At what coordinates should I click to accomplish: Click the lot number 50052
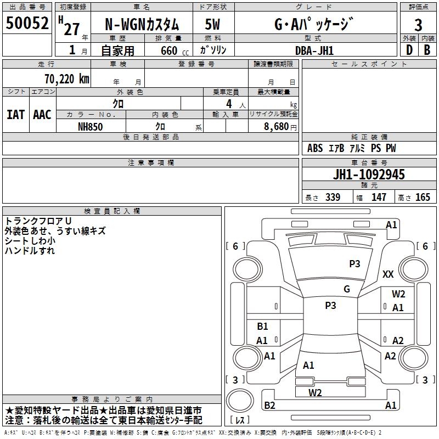pos(27,22)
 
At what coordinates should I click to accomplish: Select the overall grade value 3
pos(418,25)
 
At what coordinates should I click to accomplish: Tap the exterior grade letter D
pos(409,50)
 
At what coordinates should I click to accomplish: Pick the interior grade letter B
pos(427,50)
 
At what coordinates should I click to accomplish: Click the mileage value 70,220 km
pos(67,79)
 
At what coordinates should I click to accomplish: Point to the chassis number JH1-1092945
pos(369,175)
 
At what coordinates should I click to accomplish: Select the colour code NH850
pos(90,127)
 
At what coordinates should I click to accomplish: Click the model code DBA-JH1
pos(314,50)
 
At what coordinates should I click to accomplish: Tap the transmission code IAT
pos(15,115)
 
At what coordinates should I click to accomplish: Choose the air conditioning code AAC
pos(42,115)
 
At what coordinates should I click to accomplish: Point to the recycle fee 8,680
pos(276,127)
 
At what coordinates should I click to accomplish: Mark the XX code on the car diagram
pos(388,274)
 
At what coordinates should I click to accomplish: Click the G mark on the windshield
pos(347,289)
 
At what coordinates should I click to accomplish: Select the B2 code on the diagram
pos(269,405)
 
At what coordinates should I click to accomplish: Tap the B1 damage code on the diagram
pos(262,326)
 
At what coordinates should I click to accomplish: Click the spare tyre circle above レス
pos(240,401)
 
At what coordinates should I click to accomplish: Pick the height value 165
pos(423,197)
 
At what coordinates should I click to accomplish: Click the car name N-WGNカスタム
pos(142,25)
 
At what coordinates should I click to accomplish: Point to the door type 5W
pos(212,24)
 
